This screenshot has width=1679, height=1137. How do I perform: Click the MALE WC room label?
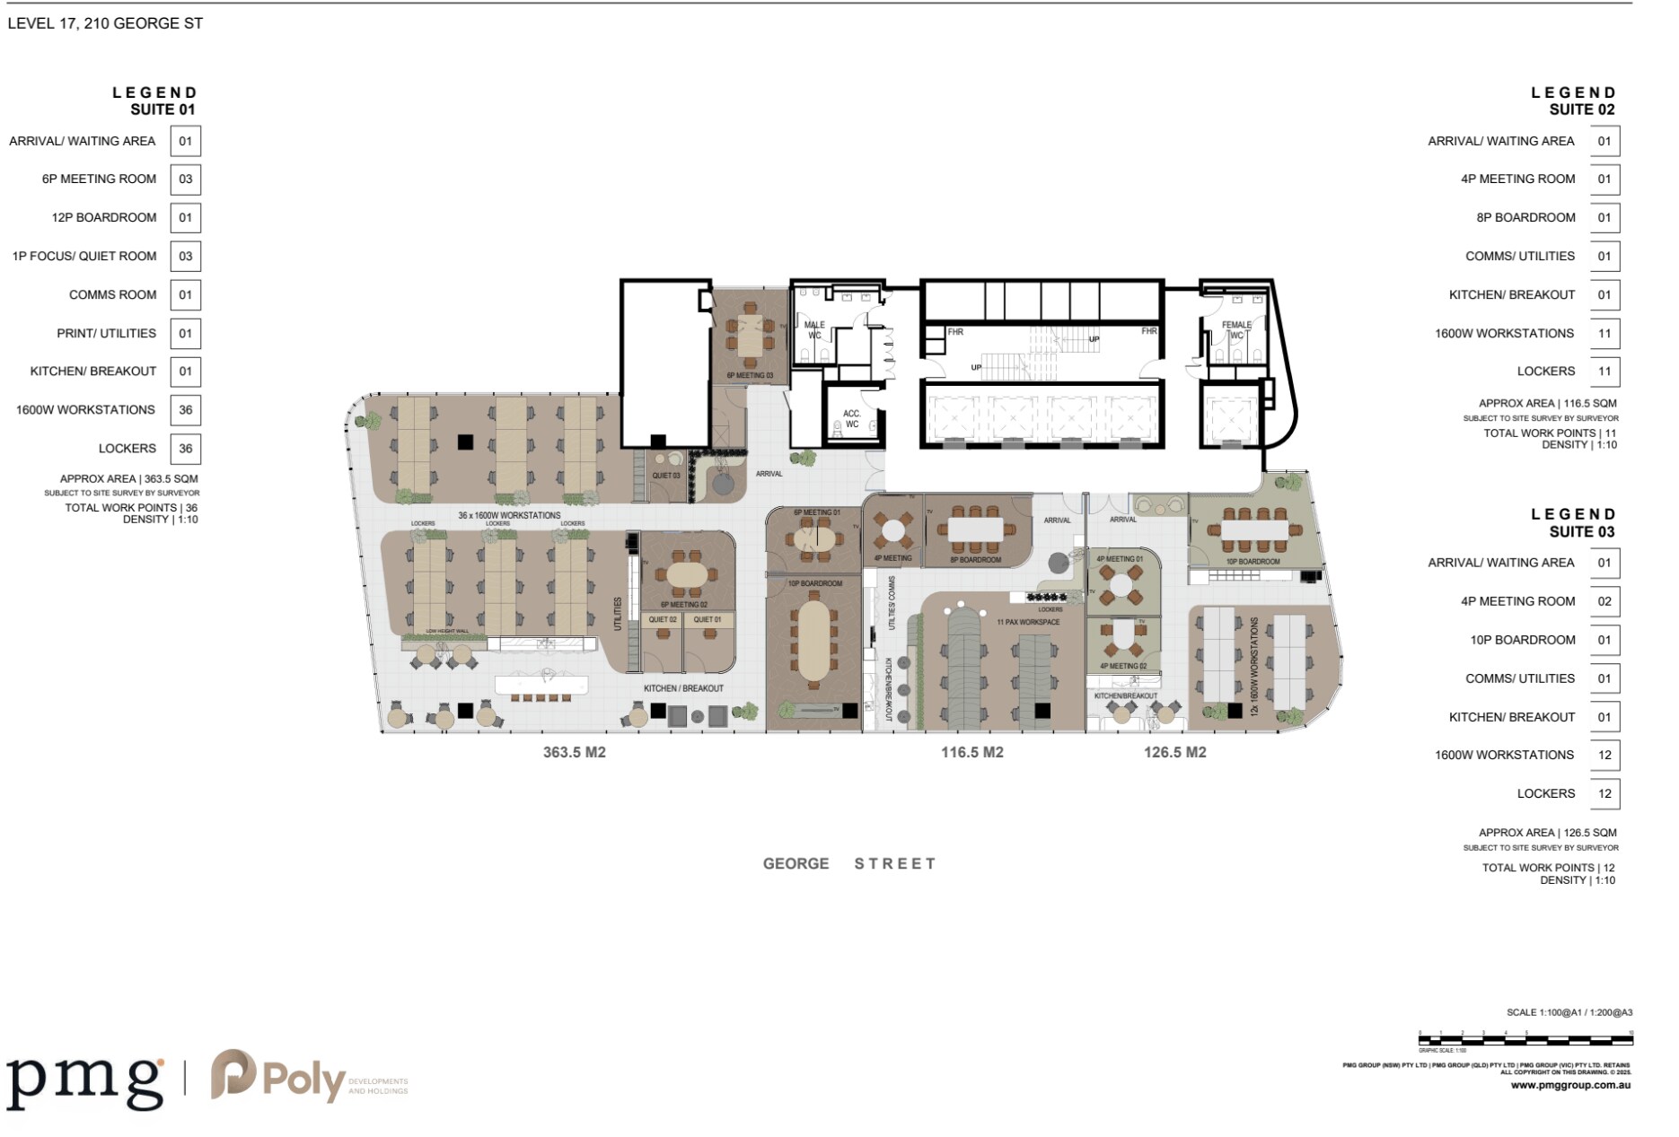click(814, 329)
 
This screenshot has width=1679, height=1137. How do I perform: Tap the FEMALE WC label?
click(1236, 329)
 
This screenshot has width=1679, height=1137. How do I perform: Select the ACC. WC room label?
click(852, 419)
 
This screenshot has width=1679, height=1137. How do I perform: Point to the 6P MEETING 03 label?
click(750, 375)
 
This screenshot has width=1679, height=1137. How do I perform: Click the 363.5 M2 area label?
click(575, 752)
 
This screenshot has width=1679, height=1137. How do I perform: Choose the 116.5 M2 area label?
click(972, 752)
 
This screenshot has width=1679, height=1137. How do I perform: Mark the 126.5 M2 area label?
click(1175, 752)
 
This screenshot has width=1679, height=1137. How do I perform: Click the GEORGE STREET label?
click(849, 863)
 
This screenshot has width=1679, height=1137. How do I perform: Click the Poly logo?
click(278, 1077)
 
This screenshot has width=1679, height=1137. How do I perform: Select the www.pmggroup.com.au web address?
click(1570, 1085)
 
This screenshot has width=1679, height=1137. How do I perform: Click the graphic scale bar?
click(1525, 1040)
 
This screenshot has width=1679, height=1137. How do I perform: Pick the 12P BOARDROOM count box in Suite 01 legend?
click(185, 217)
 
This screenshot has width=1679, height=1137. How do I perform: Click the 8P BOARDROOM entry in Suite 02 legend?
click(1525, 217)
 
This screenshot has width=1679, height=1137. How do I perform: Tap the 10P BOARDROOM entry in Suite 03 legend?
click(1522, 640)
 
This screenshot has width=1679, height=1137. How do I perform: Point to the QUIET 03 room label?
click(666, 476)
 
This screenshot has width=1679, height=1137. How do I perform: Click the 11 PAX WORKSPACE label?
click(1028, 622)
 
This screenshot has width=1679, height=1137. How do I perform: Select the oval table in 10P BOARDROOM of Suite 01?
click(814, 640)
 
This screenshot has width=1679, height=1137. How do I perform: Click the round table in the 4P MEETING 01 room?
click(1121, 586)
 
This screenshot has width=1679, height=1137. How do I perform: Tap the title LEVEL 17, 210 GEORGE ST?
click(105, 24)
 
